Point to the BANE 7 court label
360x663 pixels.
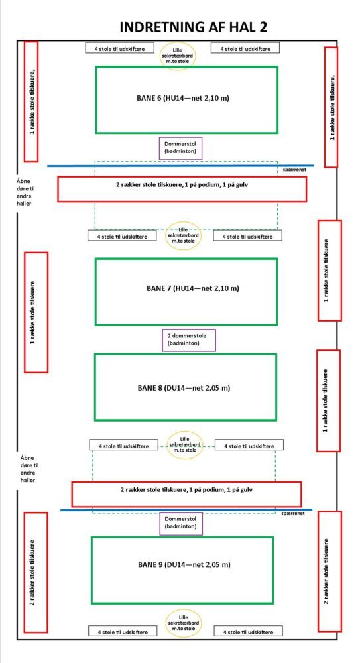tap(193, 289)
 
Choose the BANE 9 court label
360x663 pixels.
tap(184, 564)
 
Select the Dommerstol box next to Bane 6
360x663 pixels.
tap(180, 149)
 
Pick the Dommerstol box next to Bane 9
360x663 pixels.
tap(182, 524)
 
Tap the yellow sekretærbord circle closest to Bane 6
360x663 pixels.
tap(178, 56)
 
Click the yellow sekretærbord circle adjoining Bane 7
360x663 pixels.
tap(183, 235)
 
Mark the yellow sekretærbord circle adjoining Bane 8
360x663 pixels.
tap(183, 446)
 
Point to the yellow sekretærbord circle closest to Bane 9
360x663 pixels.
tap(183, 623)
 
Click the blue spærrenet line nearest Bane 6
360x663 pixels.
tap(180, 166)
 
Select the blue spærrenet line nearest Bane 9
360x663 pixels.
tap(186, 510)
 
